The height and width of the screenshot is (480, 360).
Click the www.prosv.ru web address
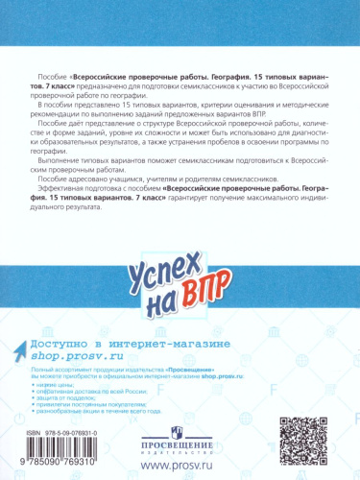[x=179, y=466]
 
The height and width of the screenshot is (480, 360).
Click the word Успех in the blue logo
[x=177, y=271]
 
